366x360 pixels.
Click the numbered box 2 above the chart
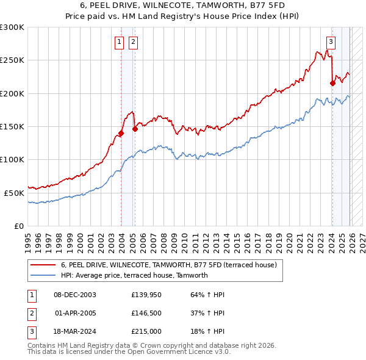tap(132, 42)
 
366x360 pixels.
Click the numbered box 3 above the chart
tap(331, 42)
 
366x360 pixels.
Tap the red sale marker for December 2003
tap(121, 133)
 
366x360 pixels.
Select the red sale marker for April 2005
tap(135, 129)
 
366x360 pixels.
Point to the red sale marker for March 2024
tap(332, 84)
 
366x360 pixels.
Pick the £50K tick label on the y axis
tap(14, 193)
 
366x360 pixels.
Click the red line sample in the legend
tap(43, 265)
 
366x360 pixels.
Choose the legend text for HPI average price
tap(134, 275)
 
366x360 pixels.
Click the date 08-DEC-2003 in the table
tap(74, 295)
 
